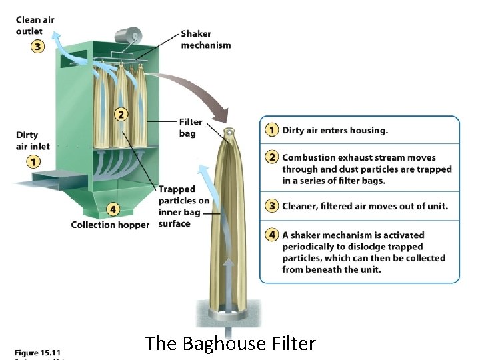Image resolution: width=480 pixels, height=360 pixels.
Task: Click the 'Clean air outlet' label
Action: (35, 25)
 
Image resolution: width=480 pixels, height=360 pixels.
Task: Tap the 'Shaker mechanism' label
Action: (205, 39)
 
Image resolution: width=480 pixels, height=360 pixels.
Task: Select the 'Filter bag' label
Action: (190, 127)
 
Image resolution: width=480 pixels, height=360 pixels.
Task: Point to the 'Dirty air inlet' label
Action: (33, 140)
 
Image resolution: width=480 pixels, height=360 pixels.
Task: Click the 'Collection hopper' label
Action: (111, 225)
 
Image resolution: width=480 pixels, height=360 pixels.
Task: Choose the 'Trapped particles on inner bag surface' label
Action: (183, 206)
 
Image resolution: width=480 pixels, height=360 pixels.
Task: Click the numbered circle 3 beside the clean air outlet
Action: (36, 47)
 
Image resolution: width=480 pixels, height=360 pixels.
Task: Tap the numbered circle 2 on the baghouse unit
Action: (121, 114)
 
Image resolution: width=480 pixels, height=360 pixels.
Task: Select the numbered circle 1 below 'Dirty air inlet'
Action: (33, 161)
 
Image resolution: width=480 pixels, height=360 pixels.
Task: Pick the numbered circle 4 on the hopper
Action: (113, 209)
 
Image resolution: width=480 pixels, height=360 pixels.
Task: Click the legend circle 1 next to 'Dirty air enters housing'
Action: (272, 130)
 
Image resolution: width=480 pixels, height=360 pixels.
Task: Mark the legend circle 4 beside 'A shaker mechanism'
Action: (272, 235)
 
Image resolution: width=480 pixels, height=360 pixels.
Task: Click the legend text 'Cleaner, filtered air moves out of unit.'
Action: (365, 207)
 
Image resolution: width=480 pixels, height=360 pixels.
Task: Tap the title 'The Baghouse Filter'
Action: (230, 344)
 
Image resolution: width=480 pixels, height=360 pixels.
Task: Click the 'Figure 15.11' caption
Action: (38, 351)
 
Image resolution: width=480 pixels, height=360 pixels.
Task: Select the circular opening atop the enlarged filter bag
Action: (230, 133)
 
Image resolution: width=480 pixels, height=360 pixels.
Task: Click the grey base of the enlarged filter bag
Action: (230, 313)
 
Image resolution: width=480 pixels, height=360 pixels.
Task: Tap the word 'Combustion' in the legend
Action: (311, 158)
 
